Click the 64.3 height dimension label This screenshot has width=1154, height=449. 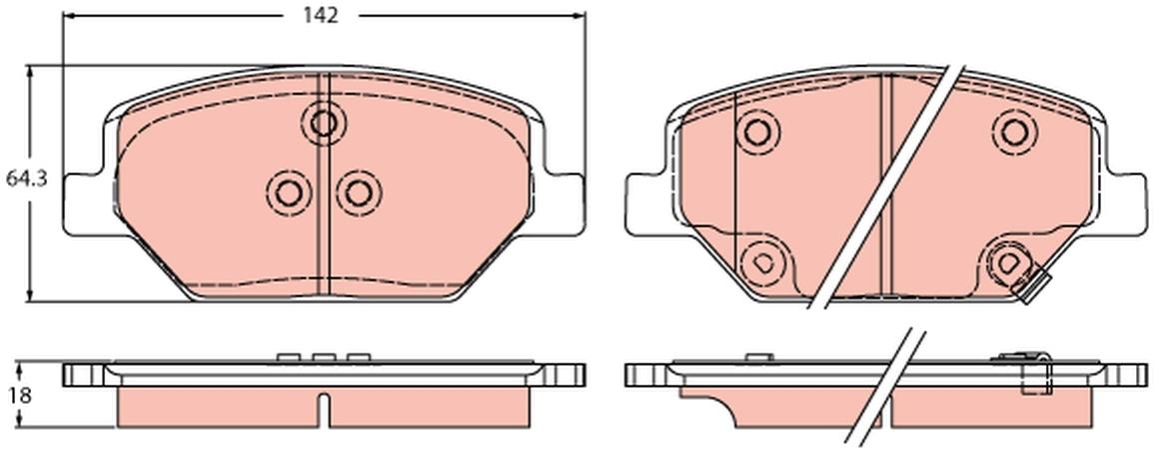coord(27,178)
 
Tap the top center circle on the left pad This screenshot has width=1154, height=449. coord(323,123)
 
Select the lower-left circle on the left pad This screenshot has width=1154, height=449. coord(288,193)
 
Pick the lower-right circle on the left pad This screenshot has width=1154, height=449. coord(359,193)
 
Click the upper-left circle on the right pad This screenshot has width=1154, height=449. coord(757,132)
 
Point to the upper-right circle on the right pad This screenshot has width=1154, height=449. coord(1014,132)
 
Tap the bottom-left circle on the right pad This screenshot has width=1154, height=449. coord(762,261)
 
